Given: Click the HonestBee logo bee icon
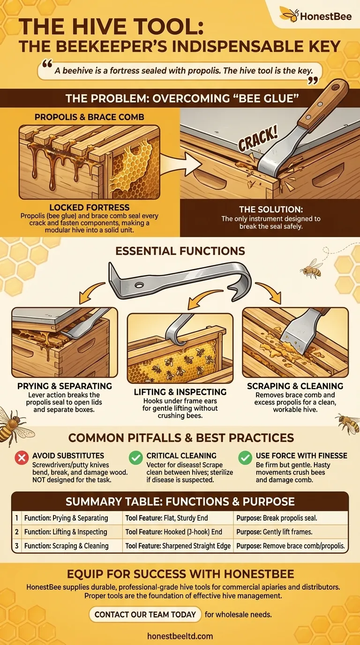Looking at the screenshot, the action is tap(289, 15).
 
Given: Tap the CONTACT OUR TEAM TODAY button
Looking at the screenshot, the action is tap(145, 615).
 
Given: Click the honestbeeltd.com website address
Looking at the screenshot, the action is tap(180, 636).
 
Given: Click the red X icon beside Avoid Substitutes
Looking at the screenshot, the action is tap(22, 457).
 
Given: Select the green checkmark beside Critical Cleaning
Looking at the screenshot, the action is tap(135, 457).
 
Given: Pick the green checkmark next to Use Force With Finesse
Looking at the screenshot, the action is tap(245, 457).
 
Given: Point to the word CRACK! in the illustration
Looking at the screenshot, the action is tap(258, 139).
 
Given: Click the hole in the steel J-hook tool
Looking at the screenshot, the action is tap(139, 285).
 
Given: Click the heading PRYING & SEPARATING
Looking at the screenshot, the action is tap(65, 386).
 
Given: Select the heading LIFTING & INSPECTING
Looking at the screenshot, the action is tap(180, 392).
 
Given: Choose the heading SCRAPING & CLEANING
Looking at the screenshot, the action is tap(295, 386).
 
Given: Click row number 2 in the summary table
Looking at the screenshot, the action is tap(17, 532).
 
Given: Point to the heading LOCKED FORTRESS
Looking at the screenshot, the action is tap(89, 207).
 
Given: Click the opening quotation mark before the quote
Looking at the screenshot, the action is tap(47, 64).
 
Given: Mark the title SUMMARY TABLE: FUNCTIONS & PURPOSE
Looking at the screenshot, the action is tap(180, 502).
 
